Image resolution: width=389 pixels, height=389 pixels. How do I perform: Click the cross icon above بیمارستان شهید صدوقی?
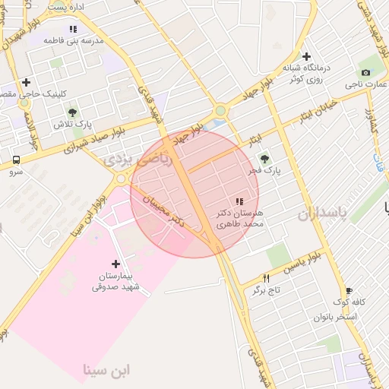pyautogui.click(x=115, y=263)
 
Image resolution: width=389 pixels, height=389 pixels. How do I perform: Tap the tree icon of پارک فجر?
pyautogui.click(x=264, y=159)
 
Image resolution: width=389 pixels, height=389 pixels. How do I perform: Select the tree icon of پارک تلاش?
pyautogui.click(x=72, y=112)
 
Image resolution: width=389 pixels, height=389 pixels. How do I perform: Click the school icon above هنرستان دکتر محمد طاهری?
pyautogui.click(x=240, y=201)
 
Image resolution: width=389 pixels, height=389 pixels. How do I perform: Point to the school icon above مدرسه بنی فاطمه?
pyautogui.click(x=73, y=29)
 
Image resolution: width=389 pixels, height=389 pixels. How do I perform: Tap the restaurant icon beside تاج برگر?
pyautogui.click(x=266, y=278)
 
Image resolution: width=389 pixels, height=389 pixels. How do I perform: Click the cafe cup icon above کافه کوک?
pyautogui.click(x=349, y=290)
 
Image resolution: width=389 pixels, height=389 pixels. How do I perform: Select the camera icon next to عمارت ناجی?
pyautogui.click(x=366, y=72)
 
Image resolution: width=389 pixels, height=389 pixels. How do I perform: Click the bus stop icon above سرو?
pyautogui.click(x=16, y=160)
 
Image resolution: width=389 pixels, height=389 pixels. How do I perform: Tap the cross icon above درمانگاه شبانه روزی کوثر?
pyautogui.click(x=306, y=55)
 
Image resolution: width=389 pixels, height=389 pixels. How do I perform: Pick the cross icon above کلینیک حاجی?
pyautogui.click(x=27, y=82)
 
